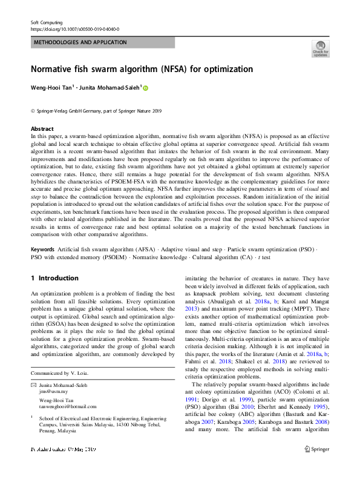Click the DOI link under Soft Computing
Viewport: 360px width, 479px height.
74,29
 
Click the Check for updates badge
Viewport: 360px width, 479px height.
320,49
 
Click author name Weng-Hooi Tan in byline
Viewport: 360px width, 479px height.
51,88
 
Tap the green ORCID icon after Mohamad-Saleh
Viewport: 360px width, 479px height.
145,88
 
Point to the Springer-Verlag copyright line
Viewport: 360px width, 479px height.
96,111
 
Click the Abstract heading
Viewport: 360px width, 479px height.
42,129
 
